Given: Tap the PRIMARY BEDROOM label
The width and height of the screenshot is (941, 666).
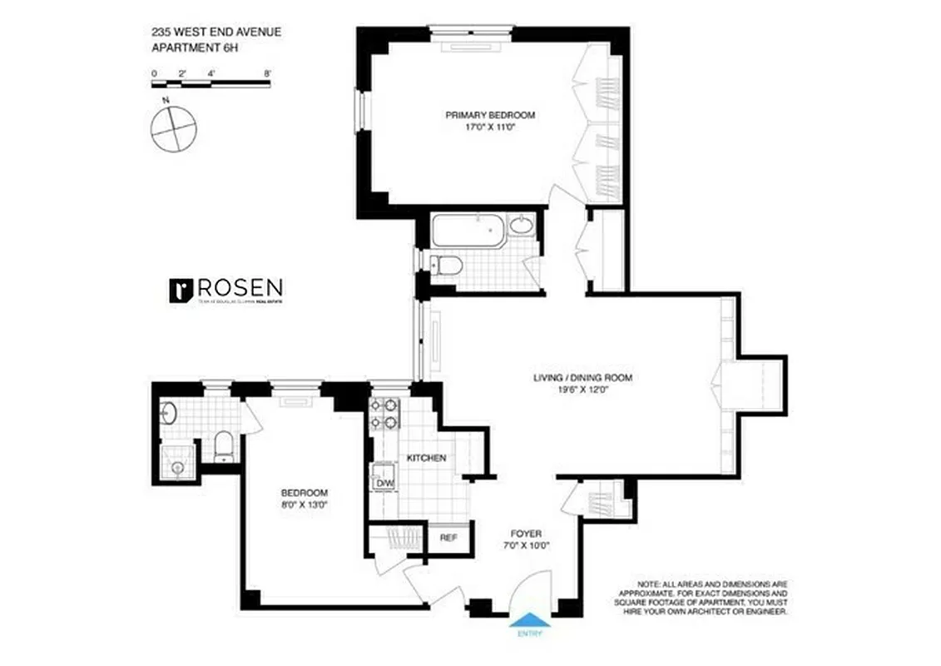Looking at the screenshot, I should pos(489,115).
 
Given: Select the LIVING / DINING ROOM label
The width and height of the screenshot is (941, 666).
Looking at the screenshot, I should pos(582,378).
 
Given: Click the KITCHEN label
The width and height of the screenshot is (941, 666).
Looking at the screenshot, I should pos(426,458).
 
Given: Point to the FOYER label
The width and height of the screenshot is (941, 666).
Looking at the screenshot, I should pos(527,534).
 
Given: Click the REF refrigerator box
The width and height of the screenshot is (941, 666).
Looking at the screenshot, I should pos(448,538).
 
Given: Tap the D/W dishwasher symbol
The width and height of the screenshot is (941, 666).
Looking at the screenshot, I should pos(384,483).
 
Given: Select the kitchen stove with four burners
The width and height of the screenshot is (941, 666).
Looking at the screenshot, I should pos(384,414).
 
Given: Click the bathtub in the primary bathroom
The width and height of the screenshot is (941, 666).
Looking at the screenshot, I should pos(468,231).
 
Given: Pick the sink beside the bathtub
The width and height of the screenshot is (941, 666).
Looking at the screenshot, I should pos(522,226).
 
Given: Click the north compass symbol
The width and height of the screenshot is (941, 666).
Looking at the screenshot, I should pos(174,127).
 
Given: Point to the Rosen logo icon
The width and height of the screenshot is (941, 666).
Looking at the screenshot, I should pos(181,290).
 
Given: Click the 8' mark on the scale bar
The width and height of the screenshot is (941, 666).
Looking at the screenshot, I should pos(267,73).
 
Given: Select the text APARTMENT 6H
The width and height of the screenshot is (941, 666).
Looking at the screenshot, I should pos(193,47).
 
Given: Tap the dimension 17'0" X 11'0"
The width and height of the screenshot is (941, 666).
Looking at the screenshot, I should pos(489,127).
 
